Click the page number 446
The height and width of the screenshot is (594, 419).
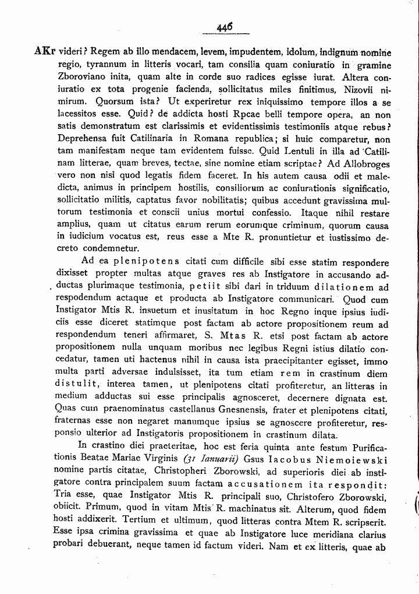pyautogui.click(x=223, y=27)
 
